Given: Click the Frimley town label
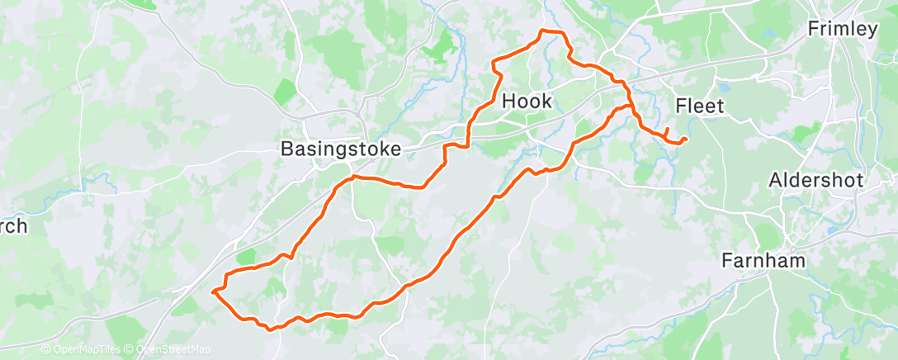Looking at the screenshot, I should click(x=842, y=29).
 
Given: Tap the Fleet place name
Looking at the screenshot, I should click(x=699, y=106).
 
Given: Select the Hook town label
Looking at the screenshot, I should click(x=527, y=101).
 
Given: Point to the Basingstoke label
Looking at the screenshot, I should click(x=341, y=149).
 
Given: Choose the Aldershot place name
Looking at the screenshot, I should click(x=815, y=180).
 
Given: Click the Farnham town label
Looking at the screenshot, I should click(x=763, y=261).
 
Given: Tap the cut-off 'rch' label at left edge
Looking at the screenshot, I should click(x=14, y=225).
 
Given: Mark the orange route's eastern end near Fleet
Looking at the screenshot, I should click(x=686, y=138).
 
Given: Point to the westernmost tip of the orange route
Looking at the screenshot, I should click(x=213, y=291).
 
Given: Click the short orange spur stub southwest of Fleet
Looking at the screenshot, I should click(x=666, y=131).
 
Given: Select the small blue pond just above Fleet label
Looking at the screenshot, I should click(x=725, y=86).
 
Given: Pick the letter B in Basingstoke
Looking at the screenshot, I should click(x=288, y=149).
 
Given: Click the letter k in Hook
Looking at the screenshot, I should click(x=546, y=101).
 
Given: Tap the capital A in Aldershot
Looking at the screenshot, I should click(x=774, y=180).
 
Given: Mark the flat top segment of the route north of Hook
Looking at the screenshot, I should click(x=552, y=32).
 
